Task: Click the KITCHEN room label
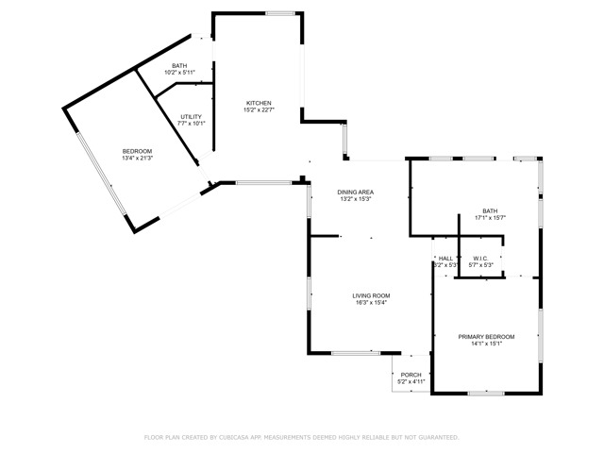pyautogui.click(x=260, y=103)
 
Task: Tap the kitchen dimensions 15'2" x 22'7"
pyautogui.click(x=260, y=110)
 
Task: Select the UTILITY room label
pyautogui.click(x=192, y=116)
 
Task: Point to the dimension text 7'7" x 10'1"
pyautogui.click(x=192, y=124)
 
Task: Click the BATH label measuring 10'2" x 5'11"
pyautogui.click(x=179, y=65)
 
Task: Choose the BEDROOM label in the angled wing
pyautogui.click(x=137, y=151)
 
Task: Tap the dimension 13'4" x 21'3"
pyautogui.click(x=137, y=159)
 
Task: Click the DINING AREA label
pyautogui.click(x=356, y=192)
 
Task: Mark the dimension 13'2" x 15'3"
pyautogui.click(x=356, y=199)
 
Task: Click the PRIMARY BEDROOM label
pyautogui.click(x=486, y=336)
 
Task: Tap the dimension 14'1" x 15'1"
pyautogui.click(x=486, y=344)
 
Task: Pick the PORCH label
pyautogui.click(x=411, y=375)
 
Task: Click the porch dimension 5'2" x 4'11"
pyautogui.click(x=411, y=382)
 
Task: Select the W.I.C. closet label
pyautogui.click(x=481, y=258)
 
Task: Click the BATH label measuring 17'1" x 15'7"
pyautogui.click(x=490, y=210)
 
